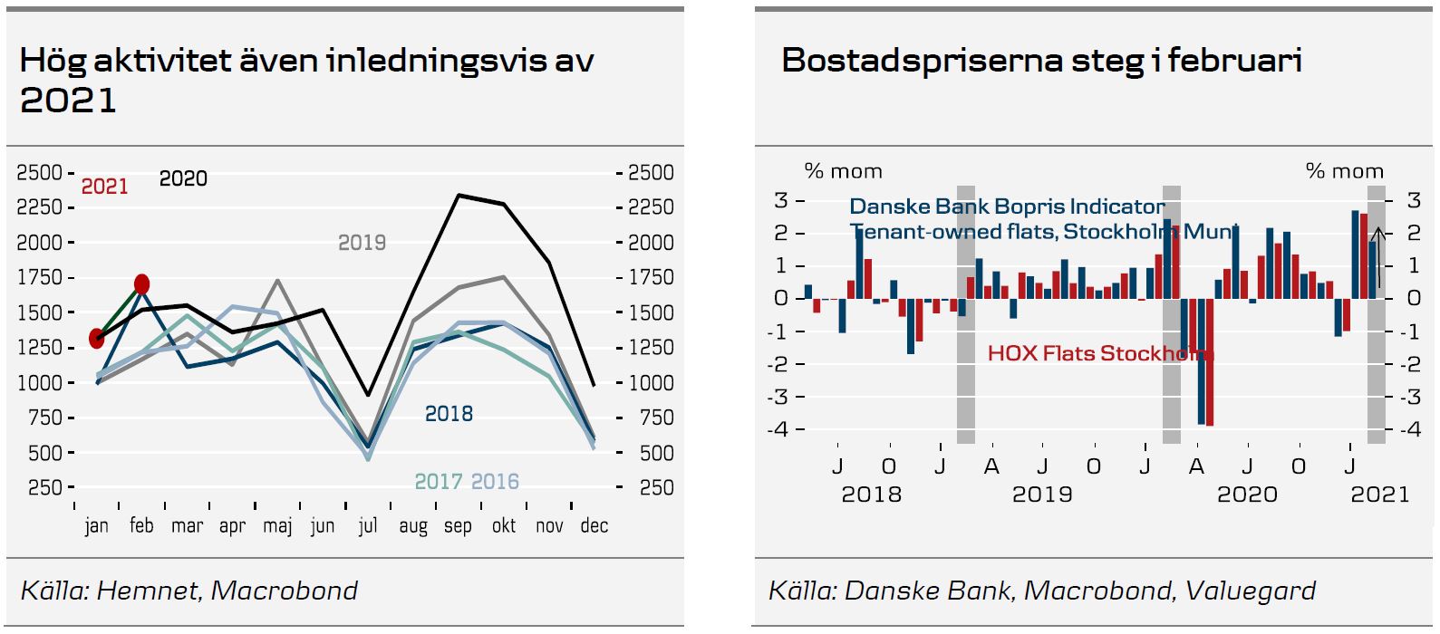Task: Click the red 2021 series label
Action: pyautogui.click(x=105, y=187)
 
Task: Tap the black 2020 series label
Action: pyautogui.click(x=183, y=178)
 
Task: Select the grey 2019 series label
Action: pyautogui.click(x=362, y=243)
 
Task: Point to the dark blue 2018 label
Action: pyautogui.click(x=449, y=414)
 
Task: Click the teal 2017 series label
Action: pyautogui.click(x=439, y=482)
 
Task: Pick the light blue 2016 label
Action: pyautogui.click(x=495, y=482)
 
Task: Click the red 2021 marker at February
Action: pyautogui.click(x=142, y=284)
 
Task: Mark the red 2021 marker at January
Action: pyautogui.click(x=97, y=339)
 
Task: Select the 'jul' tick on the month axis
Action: pyautogui.click(x=367, y=526)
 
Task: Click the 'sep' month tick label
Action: pyautogui.click(x=458, y=526)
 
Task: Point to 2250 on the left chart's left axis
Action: pyautogui.click(x=39, y=207)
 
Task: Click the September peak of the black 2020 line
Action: pyautogui.click(x=459, y=195)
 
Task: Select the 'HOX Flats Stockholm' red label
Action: pyautogui.click(x=1099, y=353)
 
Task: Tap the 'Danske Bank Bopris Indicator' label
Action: pyautogui.click(x=1007, y=207)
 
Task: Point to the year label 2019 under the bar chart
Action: pyautogui.click(x=1042, y=495)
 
